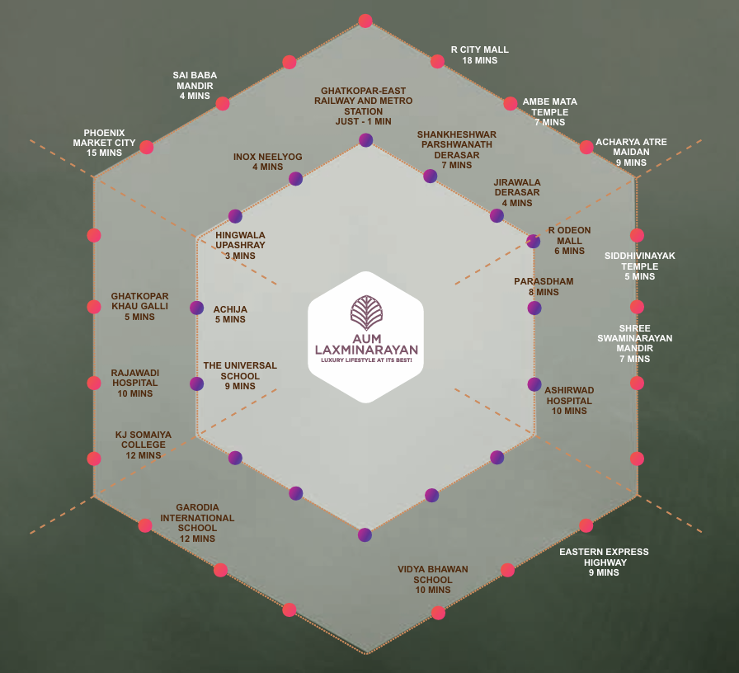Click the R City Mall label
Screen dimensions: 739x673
tap(480, 55)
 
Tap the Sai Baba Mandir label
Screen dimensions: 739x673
tap(195, 85)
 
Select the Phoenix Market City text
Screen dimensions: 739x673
tap(104, 143)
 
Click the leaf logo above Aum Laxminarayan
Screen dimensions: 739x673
tap(366, 313)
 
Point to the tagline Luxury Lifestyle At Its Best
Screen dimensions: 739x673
tap(366, 360)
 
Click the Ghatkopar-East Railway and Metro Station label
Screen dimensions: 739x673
tap(364, 106)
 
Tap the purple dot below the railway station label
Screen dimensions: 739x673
tap(365, 140)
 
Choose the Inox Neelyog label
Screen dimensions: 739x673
tap(268, 162)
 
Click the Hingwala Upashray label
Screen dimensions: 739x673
tap(240, 246)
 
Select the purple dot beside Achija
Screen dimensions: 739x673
tap(196, 308)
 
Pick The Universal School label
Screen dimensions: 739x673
tap(240, 375)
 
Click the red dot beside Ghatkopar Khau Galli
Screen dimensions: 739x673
tap(94, 307)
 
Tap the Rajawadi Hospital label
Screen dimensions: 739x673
tap(135, 384)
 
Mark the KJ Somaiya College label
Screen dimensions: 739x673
tap(144, 445)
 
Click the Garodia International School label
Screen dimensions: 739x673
tap(197, 523)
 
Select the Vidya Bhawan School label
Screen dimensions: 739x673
tap(433, 579)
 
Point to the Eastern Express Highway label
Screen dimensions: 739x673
tap(605, 562)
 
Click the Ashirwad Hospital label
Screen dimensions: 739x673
tap(569, 400)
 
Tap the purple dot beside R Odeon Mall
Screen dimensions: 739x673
tap(533, 242)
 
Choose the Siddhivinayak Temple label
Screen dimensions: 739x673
tap(639, 266)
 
